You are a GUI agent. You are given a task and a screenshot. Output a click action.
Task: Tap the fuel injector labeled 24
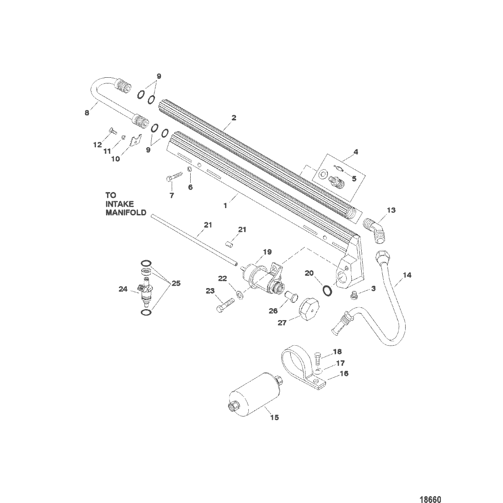click(x=145, y=291)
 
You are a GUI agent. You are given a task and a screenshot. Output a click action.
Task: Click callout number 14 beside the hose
click(x=407, y=275)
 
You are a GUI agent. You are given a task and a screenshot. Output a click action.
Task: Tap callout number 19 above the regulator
click(x=267, y=252)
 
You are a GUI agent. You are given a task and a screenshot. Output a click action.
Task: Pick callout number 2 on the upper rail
click(x=234, y=118)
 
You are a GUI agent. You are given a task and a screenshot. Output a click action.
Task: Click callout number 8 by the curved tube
click(x=87, y=113)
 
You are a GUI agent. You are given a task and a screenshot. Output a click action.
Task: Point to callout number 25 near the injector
click(x=176, y=283)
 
